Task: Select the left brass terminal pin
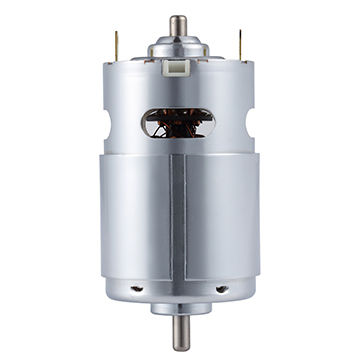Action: point(116,44)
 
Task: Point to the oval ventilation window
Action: point(178,122)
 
